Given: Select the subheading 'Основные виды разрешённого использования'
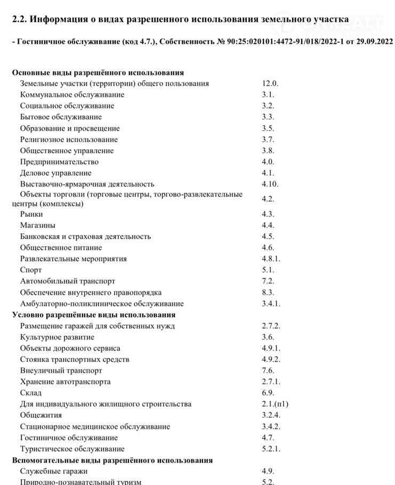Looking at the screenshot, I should tap(98, 72).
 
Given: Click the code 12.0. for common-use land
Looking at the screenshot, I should tap(270, 84).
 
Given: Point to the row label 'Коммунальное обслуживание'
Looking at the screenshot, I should tap(72, 95).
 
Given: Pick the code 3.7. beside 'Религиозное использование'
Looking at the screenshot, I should tap(268, 140).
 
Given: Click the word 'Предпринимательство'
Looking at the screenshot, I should tap(59, 162).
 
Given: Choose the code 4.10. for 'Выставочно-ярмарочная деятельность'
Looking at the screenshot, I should tap(270, 184).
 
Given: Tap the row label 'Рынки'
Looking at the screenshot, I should tap(31, 214).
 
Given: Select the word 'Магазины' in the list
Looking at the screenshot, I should tap(38, 225).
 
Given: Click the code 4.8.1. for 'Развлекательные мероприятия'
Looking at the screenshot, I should tap(271, 259).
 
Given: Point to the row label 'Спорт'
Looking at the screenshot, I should tap(31, 270).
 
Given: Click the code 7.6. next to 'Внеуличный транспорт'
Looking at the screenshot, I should tap(268, 370).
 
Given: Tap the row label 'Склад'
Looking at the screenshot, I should tap(31, 393).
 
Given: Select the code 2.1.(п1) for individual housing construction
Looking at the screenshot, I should tap(275, 404).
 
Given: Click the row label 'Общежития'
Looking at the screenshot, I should tap(41, 415).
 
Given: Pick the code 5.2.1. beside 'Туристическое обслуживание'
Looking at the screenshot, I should tap(271, 449).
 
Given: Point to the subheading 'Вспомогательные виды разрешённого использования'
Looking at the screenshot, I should tap(112, 460).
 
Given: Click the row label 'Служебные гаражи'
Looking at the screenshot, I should tap(54, 472).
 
